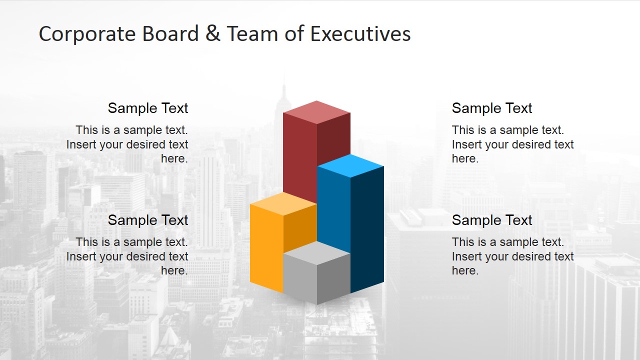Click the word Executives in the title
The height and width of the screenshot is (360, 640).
click(360, 34)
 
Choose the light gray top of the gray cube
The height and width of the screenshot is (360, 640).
click(316, 252)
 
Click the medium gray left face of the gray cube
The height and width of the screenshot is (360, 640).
click(299, 277)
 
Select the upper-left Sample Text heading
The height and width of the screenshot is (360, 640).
click(148, 108)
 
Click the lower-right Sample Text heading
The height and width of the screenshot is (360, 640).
click(492, 220)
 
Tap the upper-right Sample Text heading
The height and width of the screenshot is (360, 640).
click(492, 108)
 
